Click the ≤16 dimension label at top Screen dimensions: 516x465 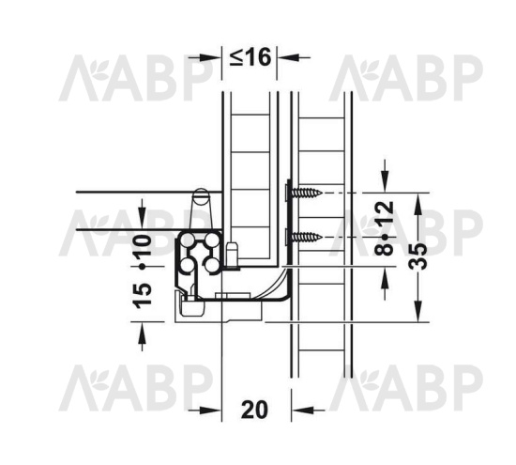[x=250, y=57]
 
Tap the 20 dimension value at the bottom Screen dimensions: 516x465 [x=254, y=410]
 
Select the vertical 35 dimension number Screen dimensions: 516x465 [x=417, y=256]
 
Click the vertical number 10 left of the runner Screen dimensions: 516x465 [x=144, y=245]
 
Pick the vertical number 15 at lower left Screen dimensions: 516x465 [x=144, y=296]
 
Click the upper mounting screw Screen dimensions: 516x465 [x=303, y=193]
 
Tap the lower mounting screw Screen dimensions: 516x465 [x=303, y=237]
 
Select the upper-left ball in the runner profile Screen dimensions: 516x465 [x=188, y=240]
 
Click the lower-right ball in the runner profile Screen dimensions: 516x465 [x=213, y=265]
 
